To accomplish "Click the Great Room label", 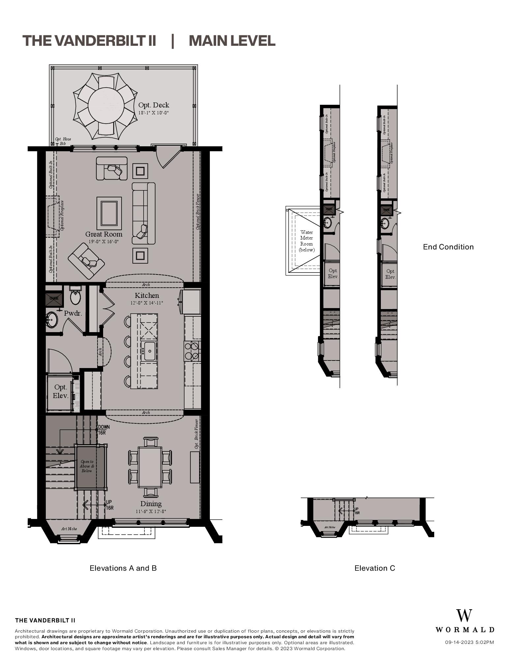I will click(x=104, y=234).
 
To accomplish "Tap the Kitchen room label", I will click(x=147, y=296).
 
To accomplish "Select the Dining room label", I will click(x=151, y=504).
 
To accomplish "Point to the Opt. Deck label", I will click(x=154, y=105).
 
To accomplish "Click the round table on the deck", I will click(x=106, y=105).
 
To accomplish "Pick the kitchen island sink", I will click(x=149, y=351).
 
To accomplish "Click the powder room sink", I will click(x=52, y=320).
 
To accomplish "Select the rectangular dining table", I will click(x=150, y=467).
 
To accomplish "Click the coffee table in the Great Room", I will click(x=109, y=213).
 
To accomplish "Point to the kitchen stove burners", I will click(x=192, y=351).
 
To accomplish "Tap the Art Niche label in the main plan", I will click(x=69, y=529).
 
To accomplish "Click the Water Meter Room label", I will click(x=306, y=241).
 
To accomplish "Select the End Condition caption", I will click(x=448, y=247).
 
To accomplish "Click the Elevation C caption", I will click(x=375, y=568).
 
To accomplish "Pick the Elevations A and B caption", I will click(x=123, y=568).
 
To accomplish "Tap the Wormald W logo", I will click(x=464, y=616).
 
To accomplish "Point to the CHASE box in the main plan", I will click(x=54, y=299).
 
